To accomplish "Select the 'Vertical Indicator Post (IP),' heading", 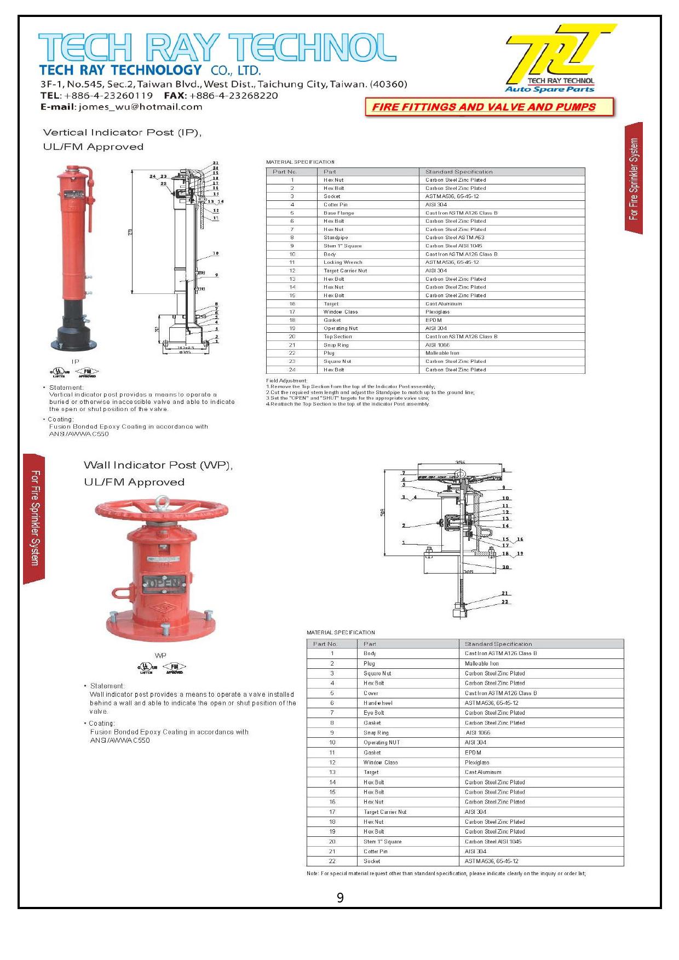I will [122, 132].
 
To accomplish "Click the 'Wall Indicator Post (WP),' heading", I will [158, 465].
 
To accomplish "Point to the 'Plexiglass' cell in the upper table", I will [438, 312].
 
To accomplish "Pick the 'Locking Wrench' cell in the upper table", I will [343, 263].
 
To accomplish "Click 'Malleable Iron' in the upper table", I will [442, 353].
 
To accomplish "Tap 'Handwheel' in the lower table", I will [378, 703].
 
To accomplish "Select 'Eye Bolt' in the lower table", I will [374, 713].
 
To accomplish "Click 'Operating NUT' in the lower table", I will [382, 743].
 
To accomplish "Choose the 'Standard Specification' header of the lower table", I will [498, 644].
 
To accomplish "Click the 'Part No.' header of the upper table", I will [285, 172].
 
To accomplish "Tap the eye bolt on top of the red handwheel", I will [164, 501].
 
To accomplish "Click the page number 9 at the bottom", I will [340, 898].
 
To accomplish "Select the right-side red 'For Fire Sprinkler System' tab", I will [634, 178].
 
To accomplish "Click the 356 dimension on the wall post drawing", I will [460, 463].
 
